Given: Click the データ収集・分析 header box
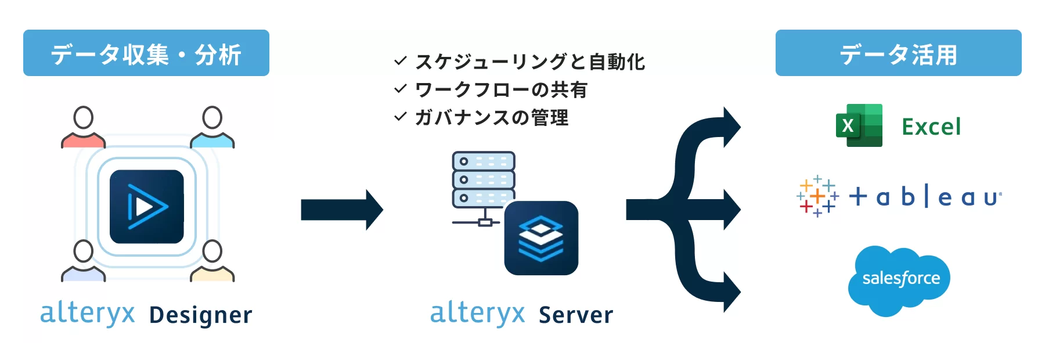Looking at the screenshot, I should point(146,53).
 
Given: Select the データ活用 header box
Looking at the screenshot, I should point(898,53).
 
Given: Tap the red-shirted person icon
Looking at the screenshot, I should point(84,127).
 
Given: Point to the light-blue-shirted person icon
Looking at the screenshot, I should point(212,127).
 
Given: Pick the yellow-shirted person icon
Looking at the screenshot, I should point(212,261).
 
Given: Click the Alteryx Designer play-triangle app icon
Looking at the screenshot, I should point(147,207).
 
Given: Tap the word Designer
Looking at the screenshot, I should point(201,315).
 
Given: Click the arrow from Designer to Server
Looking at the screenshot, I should point(341,210).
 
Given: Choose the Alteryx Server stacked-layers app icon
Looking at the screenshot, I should point(541,238).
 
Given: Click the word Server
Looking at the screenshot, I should point(576,315).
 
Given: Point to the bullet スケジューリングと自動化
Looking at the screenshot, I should point(530,62).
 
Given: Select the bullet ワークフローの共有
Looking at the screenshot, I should point(501,89).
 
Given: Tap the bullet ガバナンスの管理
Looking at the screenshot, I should point(492,118).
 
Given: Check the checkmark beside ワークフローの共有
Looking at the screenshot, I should point(400,89).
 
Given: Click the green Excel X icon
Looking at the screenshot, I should point(859,125).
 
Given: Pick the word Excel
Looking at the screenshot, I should point(931,127).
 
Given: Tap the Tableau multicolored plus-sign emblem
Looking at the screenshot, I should point(817,196).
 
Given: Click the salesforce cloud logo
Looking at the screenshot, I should point(899,280).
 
